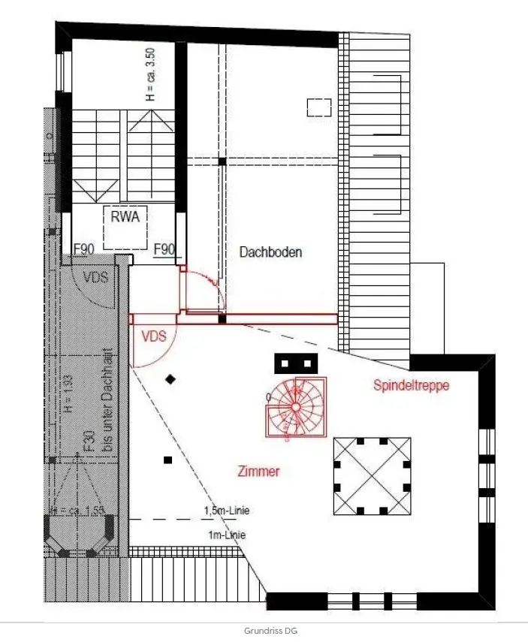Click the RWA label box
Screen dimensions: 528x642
tap(125, 217)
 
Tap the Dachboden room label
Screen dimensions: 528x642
tap(270, 252)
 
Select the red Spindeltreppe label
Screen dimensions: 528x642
tap(412, 385)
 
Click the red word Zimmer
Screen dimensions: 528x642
tap(258, 472)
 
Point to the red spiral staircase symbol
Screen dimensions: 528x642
tap(295, 406)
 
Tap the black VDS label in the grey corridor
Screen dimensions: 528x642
tap(95, 277)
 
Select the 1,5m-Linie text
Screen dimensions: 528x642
tap(226, 511)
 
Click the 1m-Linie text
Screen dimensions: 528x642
tap(225, 535)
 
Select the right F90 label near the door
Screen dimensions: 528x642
tap(164, 249)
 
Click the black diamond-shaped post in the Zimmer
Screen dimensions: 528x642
tap(171, 380)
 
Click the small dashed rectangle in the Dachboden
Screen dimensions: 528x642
tap(319, 107)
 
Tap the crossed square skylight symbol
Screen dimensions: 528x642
tap(373, 475)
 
